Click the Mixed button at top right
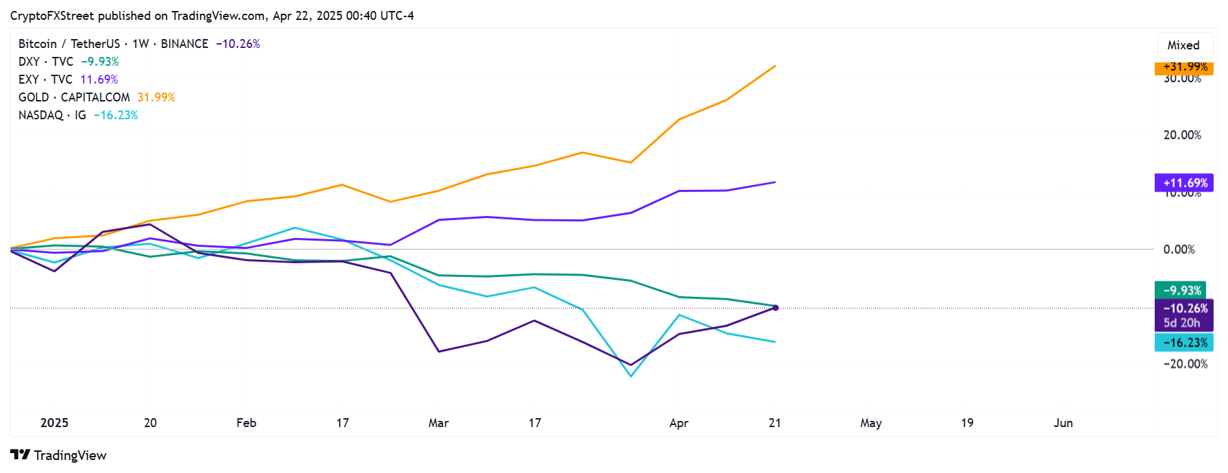point(1183,45)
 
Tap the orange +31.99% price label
point(1184,67)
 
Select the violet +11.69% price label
point(1184,183)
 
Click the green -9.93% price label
point(1181,290)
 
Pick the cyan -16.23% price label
point(1184,343)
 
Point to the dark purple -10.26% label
point(1184,308)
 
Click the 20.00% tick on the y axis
point(1181,135)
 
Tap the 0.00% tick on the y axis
point(1179,250)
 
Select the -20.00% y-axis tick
point(1184,364)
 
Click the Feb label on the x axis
point(247,423)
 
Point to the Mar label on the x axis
point(438,423)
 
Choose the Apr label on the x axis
point(679,423)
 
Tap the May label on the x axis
point(870,423)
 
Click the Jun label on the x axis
point(1063,423)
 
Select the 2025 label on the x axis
point(54,423)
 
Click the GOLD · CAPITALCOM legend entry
point(74,97)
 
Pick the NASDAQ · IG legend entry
point(52,115)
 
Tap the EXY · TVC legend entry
point(45,80)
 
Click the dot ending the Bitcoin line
point(775,308)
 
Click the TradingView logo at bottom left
point(58,455)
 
